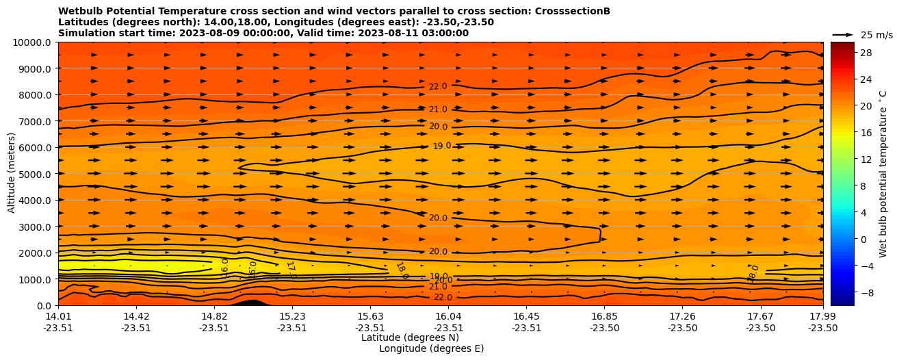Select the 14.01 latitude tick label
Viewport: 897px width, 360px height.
[x=58, y=316]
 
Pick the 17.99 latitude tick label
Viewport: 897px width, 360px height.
[x=822, y=316]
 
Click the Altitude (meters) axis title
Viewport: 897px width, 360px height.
[x=12, y=174]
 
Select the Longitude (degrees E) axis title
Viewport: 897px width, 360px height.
[x=431, y=349]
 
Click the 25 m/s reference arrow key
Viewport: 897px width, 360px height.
[x=843, y=35]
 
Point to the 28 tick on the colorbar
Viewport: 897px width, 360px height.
[x=866, y=53]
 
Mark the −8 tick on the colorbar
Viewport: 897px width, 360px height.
[x=866, y=292]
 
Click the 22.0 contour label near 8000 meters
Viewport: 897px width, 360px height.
[x=438, y=86]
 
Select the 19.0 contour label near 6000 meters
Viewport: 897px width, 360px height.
[x=442, y=146]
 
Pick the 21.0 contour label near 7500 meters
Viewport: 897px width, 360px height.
[x=438, y=110]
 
